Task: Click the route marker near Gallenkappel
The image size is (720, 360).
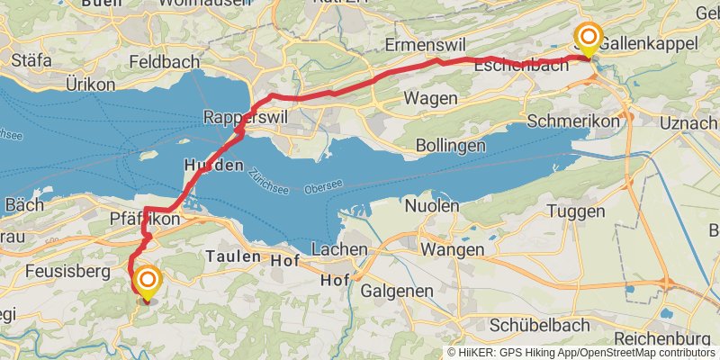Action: [x=588, y=37]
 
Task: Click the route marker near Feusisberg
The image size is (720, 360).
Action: [x=146, y=282]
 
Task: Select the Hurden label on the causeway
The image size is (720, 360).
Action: [x=213, y=166]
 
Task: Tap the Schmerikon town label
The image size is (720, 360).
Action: [x=575, y=121]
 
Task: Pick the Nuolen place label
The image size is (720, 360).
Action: [x=429, y=205]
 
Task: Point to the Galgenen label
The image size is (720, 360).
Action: [x=397, y=291]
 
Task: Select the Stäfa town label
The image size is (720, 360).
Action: [x=31, y=62]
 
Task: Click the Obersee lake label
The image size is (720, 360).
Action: [x=323, y=186]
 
